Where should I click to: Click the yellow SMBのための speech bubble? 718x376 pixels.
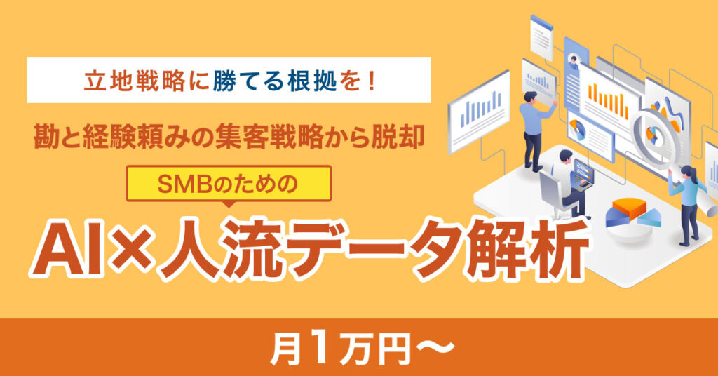229,184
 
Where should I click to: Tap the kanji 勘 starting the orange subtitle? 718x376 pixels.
46,137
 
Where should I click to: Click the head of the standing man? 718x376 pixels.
530,97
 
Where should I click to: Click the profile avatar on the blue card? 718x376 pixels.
572,59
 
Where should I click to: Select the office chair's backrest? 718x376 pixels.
549,189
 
